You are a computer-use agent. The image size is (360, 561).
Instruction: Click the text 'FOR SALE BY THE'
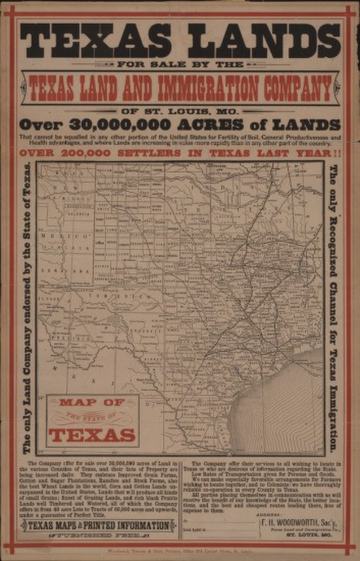point(180,64)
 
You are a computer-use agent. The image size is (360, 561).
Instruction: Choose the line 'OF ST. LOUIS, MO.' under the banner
point(180,110)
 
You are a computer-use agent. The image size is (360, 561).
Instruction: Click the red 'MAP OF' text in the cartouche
point(92,403)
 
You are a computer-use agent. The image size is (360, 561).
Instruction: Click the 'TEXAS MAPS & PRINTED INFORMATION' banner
point(98,525)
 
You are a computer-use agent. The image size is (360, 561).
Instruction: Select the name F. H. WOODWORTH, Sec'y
point(290,521)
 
